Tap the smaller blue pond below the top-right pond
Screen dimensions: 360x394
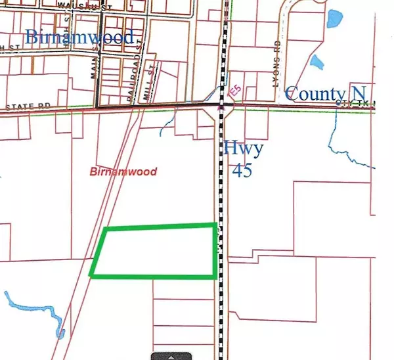318,62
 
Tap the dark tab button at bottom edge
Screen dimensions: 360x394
171,356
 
